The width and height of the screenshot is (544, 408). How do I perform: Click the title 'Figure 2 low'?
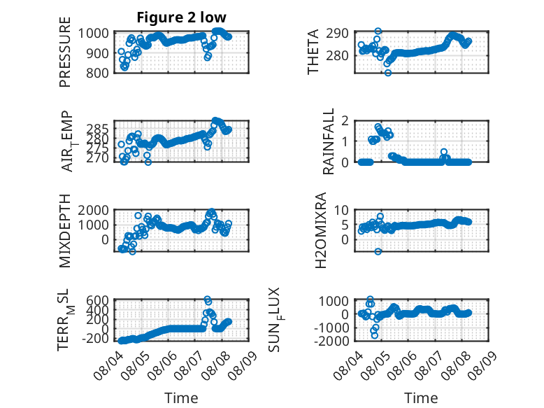[181, 17]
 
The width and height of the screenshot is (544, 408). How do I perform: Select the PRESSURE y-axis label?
[65, 52]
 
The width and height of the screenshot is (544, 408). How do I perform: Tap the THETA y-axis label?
[313, 52]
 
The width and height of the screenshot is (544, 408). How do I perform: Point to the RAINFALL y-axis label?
[328, 141]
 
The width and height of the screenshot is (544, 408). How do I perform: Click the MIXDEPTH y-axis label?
[65, 230]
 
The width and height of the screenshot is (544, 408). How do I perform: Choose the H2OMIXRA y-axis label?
[321, 230]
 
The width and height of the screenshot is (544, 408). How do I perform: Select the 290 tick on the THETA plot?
[337, 34]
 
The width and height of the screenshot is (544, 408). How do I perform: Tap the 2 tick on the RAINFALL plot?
[345, 120]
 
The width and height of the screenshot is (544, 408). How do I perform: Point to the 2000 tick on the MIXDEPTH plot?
[93, 210]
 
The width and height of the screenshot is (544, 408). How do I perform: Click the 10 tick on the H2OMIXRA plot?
[341, 210]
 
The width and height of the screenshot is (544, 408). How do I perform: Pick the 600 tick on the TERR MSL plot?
[97, 300]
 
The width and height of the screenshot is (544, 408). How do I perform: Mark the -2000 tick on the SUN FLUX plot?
[331, 341]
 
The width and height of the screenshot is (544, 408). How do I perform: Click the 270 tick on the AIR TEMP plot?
[97, 158]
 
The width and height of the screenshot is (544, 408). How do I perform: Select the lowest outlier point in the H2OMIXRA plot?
[378, 251]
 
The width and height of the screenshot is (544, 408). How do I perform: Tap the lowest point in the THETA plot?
[388, 73]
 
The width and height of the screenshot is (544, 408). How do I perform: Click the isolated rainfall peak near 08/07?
[444, 152]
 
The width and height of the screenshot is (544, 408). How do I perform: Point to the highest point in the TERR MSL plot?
[207, 299]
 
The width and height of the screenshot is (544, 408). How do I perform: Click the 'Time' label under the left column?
[181, 398]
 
